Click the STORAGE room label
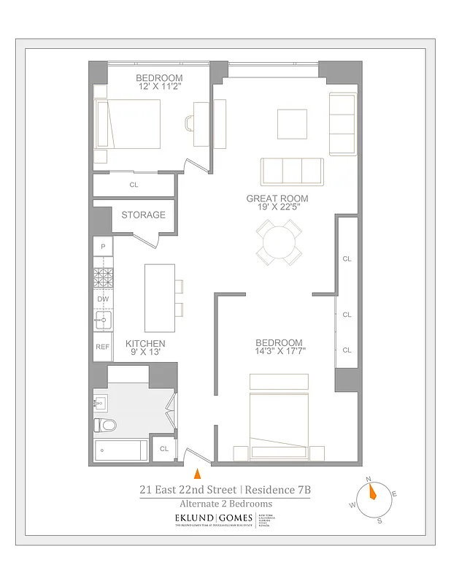point(143,215)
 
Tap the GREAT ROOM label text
point(277,199)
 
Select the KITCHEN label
point(145,343)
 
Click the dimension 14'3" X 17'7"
point(279,351)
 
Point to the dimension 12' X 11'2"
point(159,87)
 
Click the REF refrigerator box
point(103,347)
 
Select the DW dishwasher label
point(103,299)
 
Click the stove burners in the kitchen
point(103,277)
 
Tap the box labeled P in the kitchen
point(103,247)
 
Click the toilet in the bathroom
point(107,425)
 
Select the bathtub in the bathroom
point(121,450)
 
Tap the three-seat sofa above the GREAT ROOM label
point(292,171)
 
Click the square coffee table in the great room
point(292,123)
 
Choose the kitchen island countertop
point(159,298)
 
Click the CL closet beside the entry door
point(164,449)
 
